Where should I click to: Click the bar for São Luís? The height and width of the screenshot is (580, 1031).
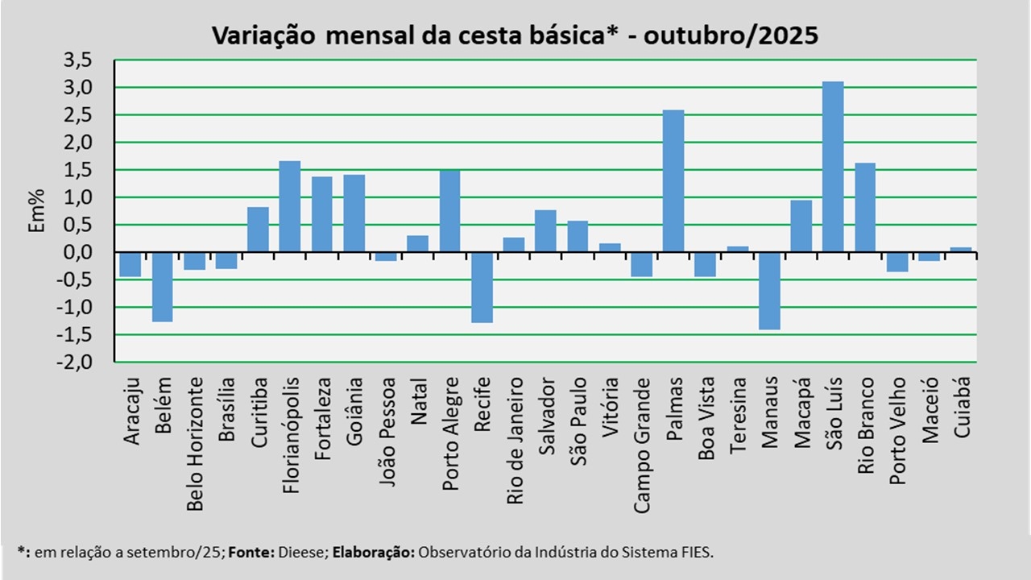pos(833,167)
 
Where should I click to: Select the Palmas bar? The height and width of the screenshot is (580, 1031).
pos(673,181)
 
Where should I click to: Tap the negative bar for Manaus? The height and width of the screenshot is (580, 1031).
pos(769,291)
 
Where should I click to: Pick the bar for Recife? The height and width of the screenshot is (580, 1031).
pos(482,288)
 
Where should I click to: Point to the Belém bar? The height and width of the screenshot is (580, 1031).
pos(162,287)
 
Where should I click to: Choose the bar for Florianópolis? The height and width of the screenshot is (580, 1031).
pos(290,206)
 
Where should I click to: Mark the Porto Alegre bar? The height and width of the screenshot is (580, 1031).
pos(449,211)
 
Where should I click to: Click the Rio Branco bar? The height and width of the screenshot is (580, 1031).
pos(865,208)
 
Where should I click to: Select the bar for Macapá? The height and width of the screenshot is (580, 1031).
pos(801,226)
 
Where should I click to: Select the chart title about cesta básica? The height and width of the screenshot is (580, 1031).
pos(515,35)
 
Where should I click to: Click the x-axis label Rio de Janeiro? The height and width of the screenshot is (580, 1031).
pos(514,441)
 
